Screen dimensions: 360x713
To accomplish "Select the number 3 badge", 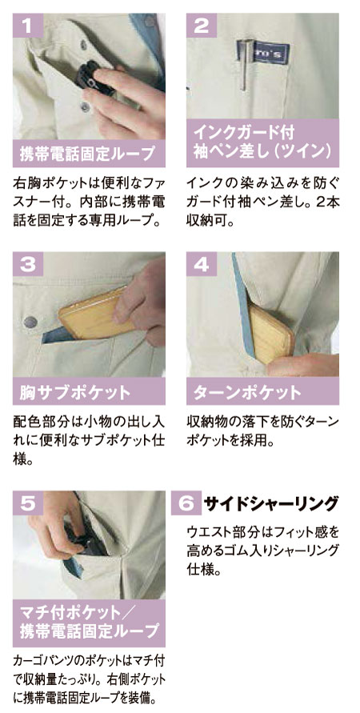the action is [x=28, y=264].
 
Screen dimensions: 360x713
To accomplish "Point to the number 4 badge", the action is [x=202, y=264].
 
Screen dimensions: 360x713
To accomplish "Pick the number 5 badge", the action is [x=28, y=503].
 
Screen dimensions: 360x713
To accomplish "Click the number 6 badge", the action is [x=186, y=503].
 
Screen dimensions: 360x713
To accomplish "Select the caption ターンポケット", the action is [x=248, y=392].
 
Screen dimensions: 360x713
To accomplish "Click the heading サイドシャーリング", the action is [x=271, y=503].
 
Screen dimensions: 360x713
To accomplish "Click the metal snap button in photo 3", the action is [x=30, y=322].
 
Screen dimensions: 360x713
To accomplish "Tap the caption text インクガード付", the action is [x=245, y=133].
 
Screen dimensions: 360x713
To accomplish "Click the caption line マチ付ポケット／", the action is [x=88, y=614].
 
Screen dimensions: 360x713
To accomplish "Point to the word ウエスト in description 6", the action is [x=208, y=532].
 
